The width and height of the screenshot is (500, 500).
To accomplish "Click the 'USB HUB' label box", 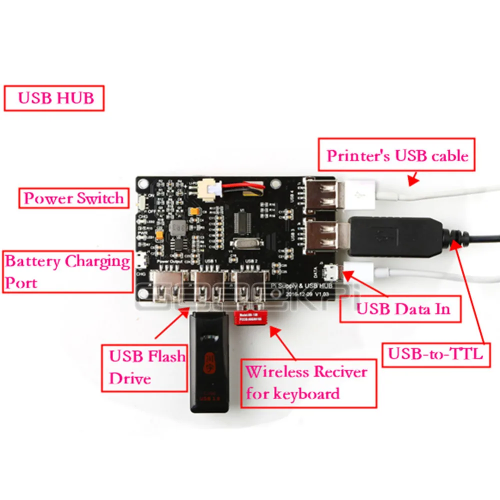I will [x=54, y=98].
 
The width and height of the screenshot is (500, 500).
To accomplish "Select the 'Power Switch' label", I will [x=73, y=198].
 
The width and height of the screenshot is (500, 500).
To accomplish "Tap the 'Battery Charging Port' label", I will [x=67, y=271].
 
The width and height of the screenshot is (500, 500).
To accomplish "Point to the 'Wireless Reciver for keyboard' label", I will [x=307, y=382].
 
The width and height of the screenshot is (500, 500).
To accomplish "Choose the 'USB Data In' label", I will [x=400, y=308].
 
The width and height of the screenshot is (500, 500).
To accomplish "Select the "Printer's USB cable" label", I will [x=397, y=155].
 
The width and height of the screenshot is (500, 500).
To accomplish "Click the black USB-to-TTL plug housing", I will [x=395, y=235].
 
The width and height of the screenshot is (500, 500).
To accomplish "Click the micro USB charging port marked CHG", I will [x=141, y=261].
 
